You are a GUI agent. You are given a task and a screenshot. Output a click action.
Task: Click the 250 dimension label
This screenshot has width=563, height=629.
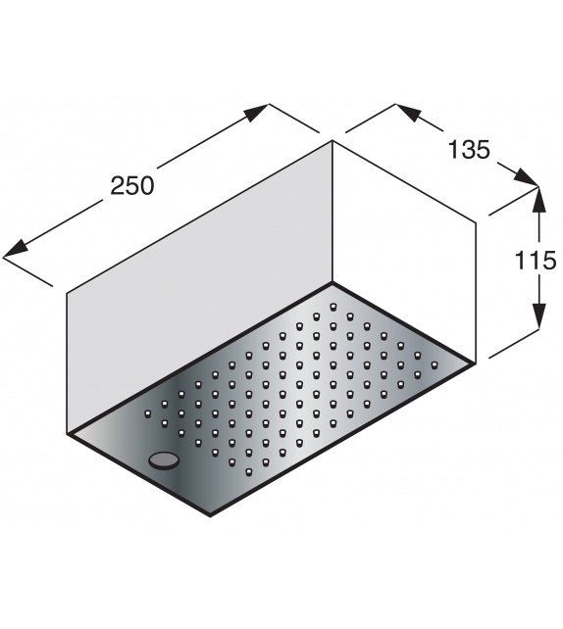[x=132, y=184]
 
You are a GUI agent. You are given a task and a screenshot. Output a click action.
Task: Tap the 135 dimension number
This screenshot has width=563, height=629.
[x=469, y=150]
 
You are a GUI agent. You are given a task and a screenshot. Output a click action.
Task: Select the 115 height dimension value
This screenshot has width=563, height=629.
[x=537, y=262]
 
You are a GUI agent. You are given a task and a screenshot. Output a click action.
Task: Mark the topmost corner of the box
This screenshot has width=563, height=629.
[x=333, y=141]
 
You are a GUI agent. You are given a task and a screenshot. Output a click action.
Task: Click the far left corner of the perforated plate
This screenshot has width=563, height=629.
[x=67, y=433]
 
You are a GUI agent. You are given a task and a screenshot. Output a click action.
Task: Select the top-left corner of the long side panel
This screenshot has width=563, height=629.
[x=67, y=292]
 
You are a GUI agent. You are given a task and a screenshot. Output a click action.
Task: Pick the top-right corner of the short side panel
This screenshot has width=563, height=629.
[x=477, y=223]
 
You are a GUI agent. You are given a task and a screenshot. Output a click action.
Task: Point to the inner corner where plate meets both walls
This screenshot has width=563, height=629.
[x=333, y=283]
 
